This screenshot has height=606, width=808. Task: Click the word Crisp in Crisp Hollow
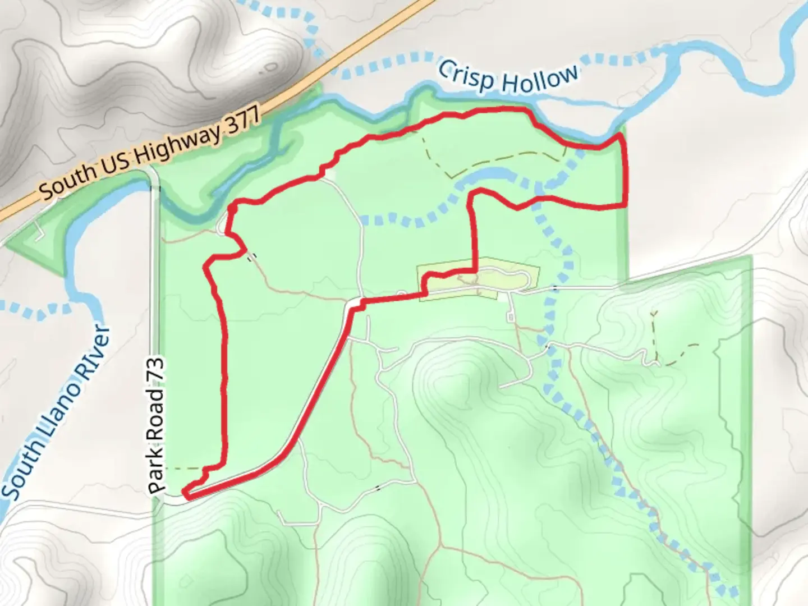(x=466, y=76)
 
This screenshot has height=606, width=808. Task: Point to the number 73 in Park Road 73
(x=158, y=371)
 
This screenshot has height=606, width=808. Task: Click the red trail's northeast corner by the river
(x=619, y=136)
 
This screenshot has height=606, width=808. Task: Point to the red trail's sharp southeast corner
(x=625, y=205)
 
